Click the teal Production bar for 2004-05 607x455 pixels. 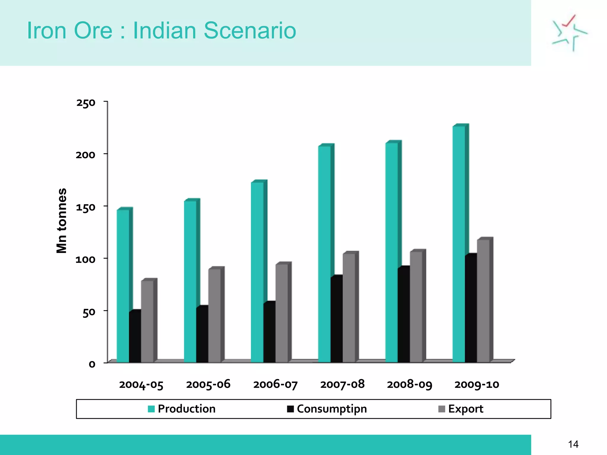click(x=123, y=286)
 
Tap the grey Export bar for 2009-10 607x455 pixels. click(x=483, y=301)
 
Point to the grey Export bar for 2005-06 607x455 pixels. click(x=214, y=315)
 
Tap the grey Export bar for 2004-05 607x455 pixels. click(x=147, y=321)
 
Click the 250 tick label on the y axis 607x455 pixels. click(x=86, y=103)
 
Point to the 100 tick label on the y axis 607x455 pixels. click(x=85, y=260)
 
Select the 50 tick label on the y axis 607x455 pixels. click(x=89, y=312)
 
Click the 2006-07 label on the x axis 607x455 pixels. click(x=275, y=384)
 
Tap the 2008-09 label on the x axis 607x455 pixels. click(x=410, y=384)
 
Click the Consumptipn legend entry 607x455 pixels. click(x=327, y=409)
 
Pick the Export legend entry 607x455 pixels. click(x=461, y=409)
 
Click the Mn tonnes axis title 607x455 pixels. click(x=62, y=221)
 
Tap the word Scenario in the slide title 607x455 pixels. click(x=250, y=31)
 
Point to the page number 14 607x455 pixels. click(x=573, y=444)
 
